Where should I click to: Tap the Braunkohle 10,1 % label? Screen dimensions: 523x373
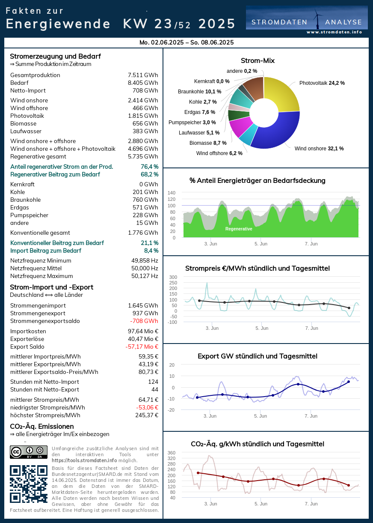point(199,92)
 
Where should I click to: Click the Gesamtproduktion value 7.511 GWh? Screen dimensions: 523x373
point(143,75)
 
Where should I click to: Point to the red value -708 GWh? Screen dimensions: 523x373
point(144,321)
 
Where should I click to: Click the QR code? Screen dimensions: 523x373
point(29,484)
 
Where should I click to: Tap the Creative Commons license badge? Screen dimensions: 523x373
point(29,452)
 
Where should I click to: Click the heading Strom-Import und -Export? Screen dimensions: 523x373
point(51,287)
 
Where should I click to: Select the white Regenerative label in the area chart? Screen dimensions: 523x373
point(239,229)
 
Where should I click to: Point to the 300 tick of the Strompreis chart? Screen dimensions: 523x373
point(173,277)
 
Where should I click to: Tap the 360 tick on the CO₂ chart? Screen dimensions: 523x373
point(171,453)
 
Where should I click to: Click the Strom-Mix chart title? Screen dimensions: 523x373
point(258,61)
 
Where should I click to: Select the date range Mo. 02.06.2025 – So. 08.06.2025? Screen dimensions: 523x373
point(186,42)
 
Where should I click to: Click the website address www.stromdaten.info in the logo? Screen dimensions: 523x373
point(334,32)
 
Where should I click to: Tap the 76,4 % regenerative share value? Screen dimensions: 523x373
point(149,167)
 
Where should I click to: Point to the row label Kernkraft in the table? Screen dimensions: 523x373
point(22,185)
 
